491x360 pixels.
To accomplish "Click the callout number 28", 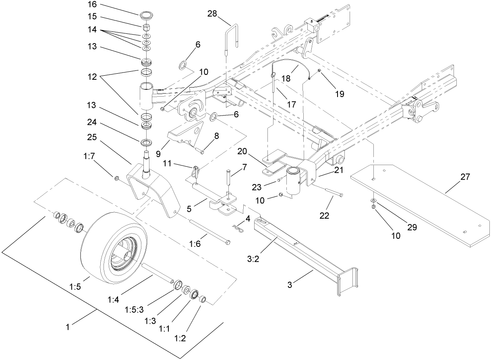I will [x=212, y=14].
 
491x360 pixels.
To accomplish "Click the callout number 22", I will [x=324, y=216].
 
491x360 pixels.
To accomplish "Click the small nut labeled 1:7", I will [x=116, y=178].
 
